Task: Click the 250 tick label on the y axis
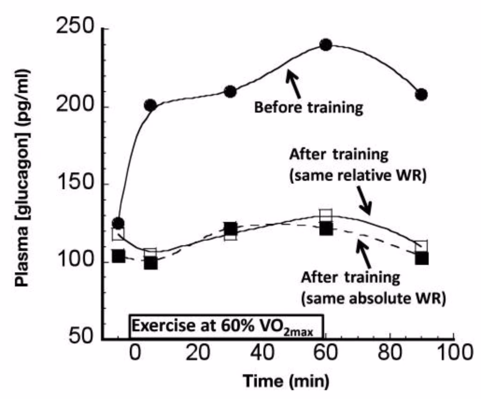coord(77,29)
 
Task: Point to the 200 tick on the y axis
coord(77,107)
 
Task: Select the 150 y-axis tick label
coord(77,184)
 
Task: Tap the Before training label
coord(308,108)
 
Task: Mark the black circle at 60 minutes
coord(326,45)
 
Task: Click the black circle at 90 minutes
coord(421,94)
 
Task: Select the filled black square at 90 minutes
coord(421,258)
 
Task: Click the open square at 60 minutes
coord(326,215)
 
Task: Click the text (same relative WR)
coord(357,178)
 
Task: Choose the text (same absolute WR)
coord(372,298)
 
